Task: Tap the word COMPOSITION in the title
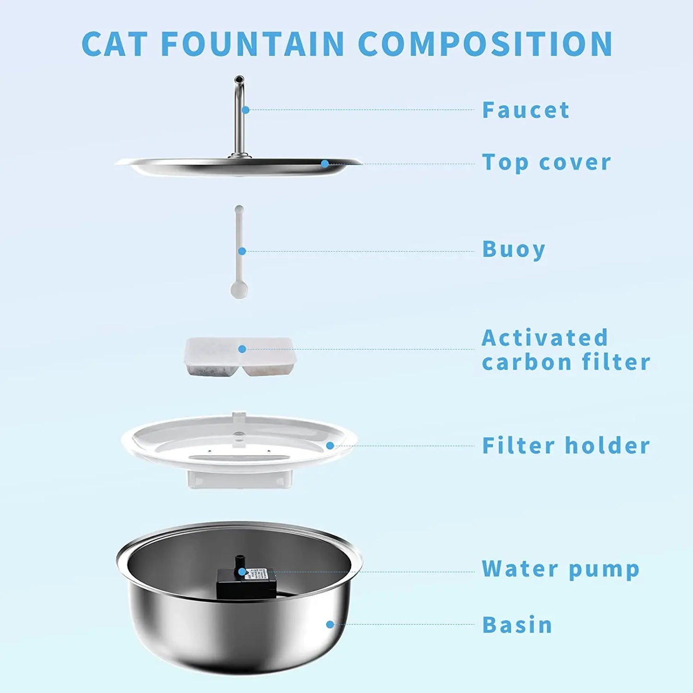point(485,44)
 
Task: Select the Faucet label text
point(526,110)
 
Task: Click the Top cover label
point(546,163)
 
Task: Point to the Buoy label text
point(514,250)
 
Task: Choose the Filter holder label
point(566,446)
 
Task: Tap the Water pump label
point(561,569)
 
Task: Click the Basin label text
point(517,625)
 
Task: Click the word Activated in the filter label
point(545,338)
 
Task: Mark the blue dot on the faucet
point(246,110)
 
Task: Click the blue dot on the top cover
point(325,164)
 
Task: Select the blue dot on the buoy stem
point(242,251)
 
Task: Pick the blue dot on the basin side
point(330,624)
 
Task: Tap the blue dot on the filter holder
point(330,446)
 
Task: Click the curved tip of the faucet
point(239,80)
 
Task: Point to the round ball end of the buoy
point(239,290)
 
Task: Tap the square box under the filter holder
point(240,479)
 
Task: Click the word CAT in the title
point(114,44)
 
